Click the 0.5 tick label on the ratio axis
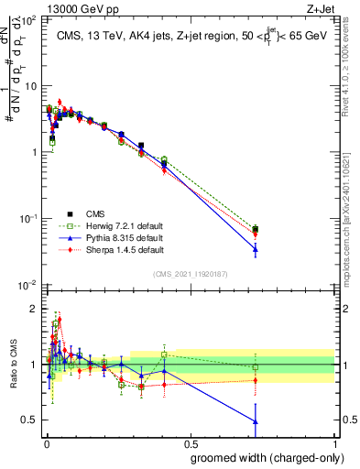pos(31,420)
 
